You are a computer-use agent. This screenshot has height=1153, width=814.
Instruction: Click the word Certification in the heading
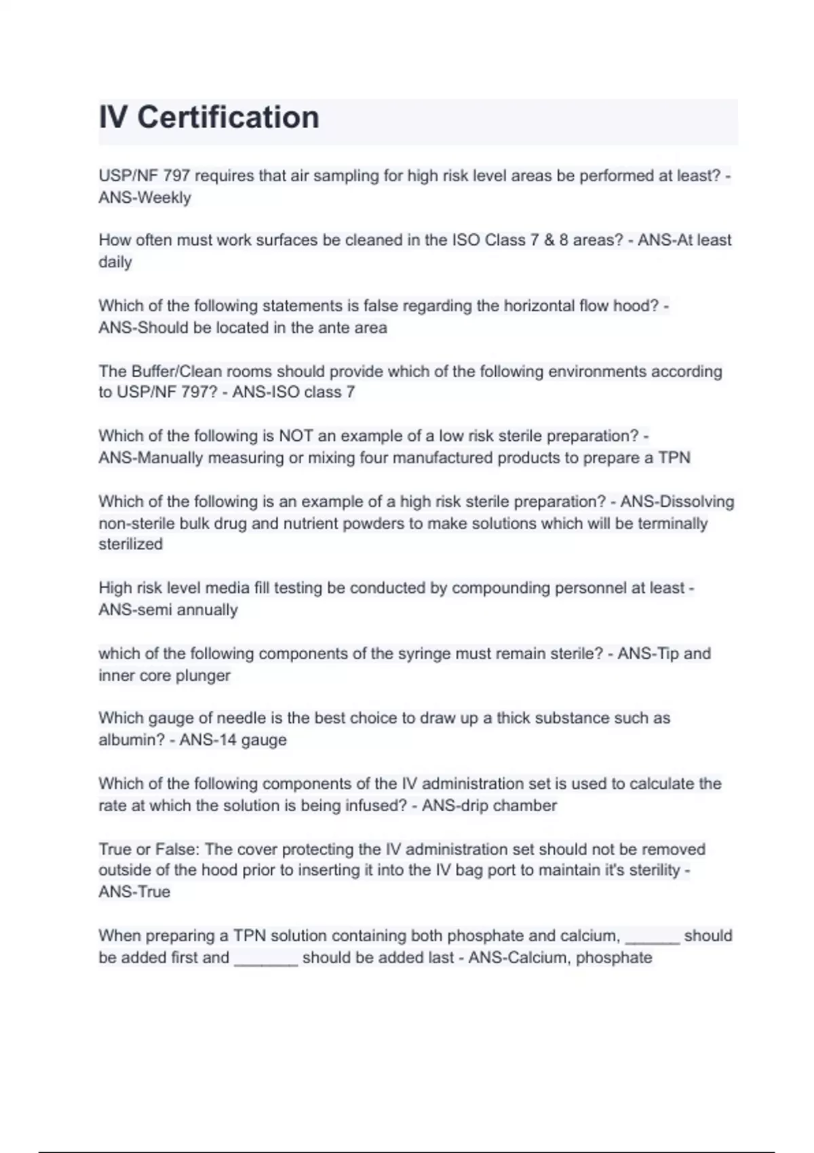(228, 117)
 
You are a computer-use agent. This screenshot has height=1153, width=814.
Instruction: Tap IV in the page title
(113, 117)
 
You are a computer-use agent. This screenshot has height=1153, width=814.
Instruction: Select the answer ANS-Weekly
(144, 198)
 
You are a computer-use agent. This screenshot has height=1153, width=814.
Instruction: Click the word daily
(115, 262)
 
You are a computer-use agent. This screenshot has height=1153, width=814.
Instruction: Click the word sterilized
(131, 545)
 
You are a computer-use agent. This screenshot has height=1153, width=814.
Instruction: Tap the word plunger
(203, 676)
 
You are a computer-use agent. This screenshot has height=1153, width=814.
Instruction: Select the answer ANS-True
(134, 893)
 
